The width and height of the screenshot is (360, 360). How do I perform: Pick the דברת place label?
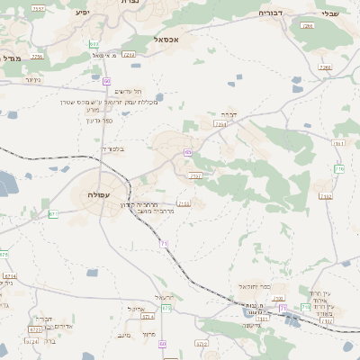click(226, 114)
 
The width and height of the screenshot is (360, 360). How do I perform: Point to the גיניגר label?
click(32, 79)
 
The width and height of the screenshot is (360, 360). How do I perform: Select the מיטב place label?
click(124, 335)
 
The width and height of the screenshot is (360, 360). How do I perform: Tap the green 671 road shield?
click(53, 214)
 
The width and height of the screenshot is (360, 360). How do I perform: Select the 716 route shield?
click(339, 168)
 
